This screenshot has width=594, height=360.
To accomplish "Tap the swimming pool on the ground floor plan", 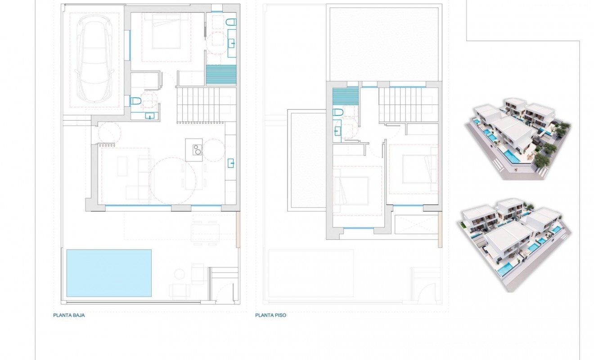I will point(109,273).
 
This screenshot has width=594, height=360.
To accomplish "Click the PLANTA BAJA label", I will point(69,315).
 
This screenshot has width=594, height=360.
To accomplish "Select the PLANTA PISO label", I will point(270,315).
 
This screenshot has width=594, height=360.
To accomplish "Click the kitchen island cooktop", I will point(197,149).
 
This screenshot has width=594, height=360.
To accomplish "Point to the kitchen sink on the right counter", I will point(231,163).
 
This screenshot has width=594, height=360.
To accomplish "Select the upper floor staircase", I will point(408,105).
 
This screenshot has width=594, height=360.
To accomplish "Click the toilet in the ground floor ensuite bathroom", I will point(231,22).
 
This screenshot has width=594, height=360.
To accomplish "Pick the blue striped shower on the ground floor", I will point(221,74).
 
